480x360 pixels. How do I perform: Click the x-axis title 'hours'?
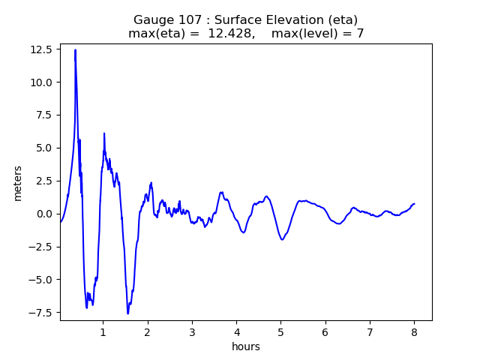pos(246,346)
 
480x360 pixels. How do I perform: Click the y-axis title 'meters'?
pos(17,183)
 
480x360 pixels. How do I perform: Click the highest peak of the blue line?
pos(75,50)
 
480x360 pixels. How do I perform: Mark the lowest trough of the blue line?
pos(127,313)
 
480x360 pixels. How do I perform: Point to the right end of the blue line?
pos(414,204)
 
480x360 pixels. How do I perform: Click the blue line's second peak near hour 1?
pos(104,133)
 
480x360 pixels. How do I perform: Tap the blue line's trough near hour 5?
pos(282,239)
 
